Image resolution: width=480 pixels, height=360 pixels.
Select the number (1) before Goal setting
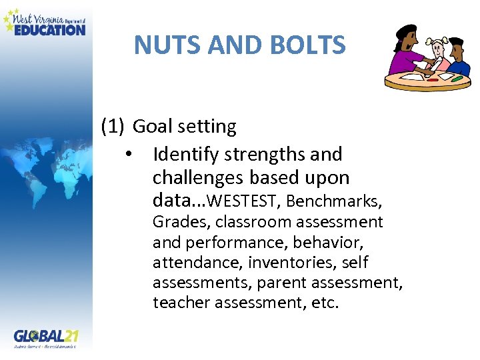tap(113, 126)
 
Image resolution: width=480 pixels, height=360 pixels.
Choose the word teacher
tap(176, 303)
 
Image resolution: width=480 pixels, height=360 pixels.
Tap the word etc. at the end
tap(326, 303)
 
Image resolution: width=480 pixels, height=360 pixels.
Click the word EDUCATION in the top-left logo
tap(50, 29)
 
